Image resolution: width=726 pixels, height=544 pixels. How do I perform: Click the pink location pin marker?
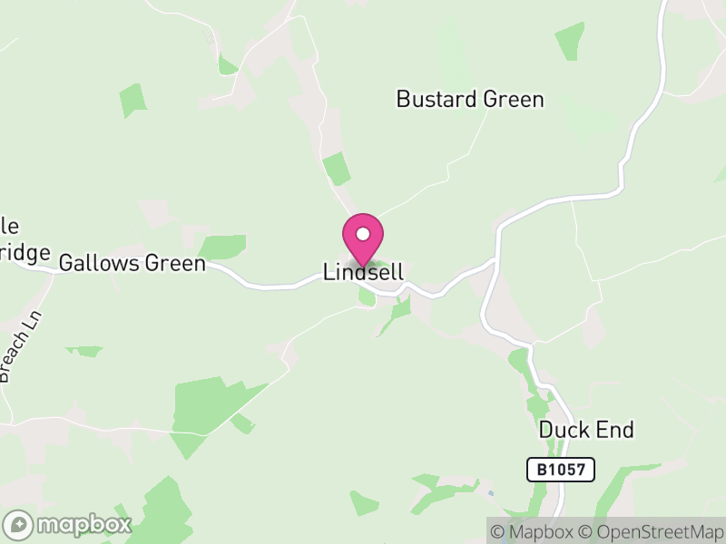pos(363,238)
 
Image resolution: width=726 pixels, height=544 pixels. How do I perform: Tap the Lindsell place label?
pos(363,272)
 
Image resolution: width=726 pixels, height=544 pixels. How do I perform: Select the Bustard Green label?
pos(470,100)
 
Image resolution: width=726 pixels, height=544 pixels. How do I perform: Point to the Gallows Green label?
pos(132,264)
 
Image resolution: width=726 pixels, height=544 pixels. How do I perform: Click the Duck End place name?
pos(586,430)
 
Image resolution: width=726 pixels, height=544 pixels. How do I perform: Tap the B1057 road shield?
pos(561,470)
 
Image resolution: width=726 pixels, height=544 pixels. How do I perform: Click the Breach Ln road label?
pos(20,346)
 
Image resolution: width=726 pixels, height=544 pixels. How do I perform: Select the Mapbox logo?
pos(69,524)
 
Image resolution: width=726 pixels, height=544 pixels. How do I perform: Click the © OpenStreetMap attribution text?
pos(652,532)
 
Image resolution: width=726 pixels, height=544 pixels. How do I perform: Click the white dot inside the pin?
pos(363,234)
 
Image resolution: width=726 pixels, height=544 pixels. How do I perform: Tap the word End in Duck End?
pos(615,430)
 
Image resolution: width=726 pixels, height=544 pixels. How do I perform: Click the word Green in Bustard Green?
pos(513,100)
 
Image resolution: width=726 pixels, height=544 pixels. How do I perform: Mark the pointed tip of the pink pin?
pos(363,266)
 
